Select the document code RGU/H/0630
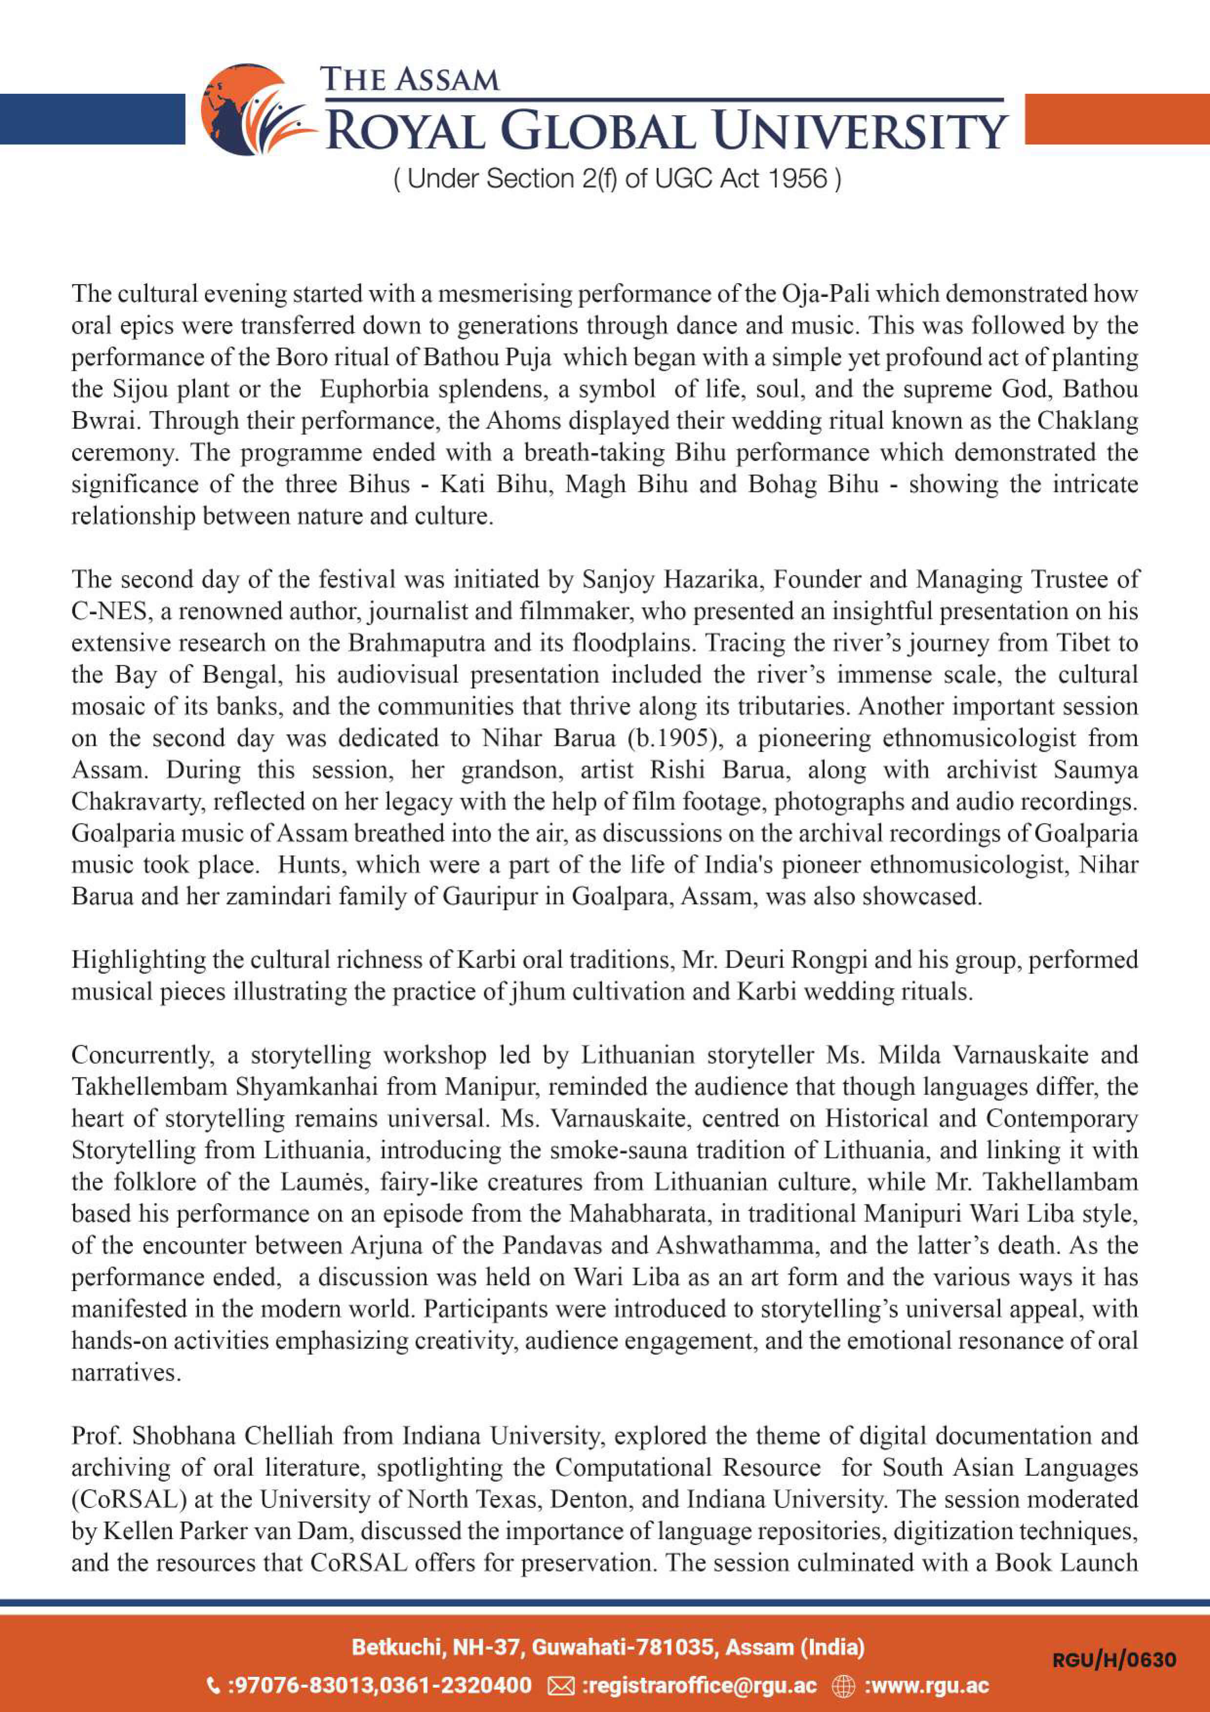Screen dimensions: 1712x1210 (1114, 1659)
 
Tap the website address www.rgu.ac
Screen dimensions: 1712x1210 (926, 1685)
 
